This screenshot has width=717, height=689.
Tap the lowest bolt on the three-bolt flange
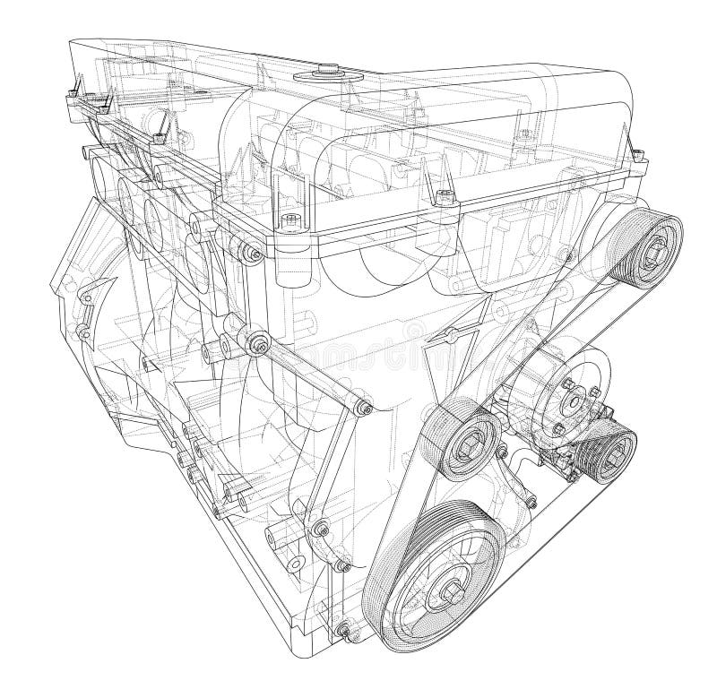coord(558,426)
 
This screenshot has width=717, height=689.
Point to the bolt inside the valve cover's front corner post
coord(289,221)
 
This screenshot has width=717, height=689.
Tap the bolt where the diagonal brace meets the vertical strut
coord(362,408)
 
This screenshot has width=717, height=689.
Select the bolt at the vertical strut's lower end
coord(320,529)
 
